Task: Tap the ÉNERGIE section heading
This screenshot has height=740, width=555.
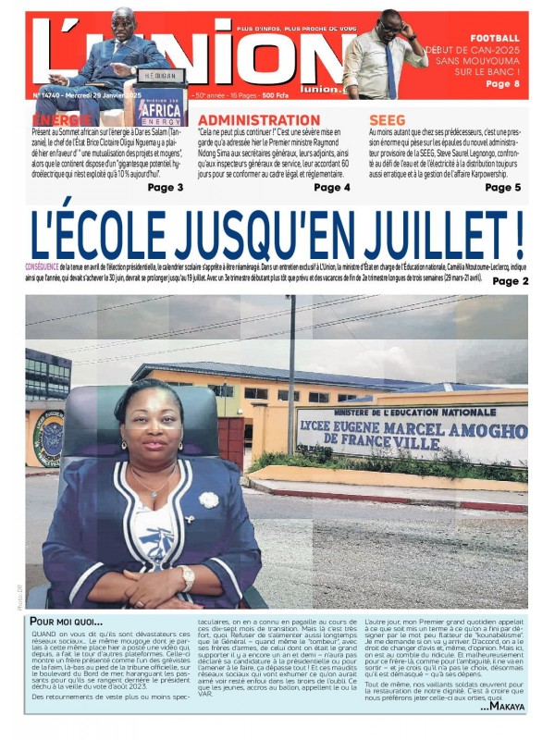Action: [x=62, y=120]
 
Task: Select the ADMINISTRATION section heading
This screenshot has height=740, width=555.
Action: [x=259, y=120]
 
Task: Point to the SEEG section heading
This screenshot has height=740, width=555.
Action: [x=387, y=120]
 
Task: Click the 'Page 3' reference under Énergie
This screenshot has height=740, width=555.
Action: [x=166, y=188]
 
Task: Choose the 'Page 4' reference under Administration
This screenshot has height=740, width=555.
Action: [x=332, y=188]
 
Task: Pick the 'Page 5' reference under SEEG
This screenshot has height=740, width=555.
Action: [x=503, y=188]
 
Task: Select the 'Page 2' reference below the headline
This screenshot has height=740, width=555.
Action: [x=511, y=281]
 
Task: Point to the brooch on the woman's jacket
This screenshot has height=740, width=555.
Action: [x=209, y=499]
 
